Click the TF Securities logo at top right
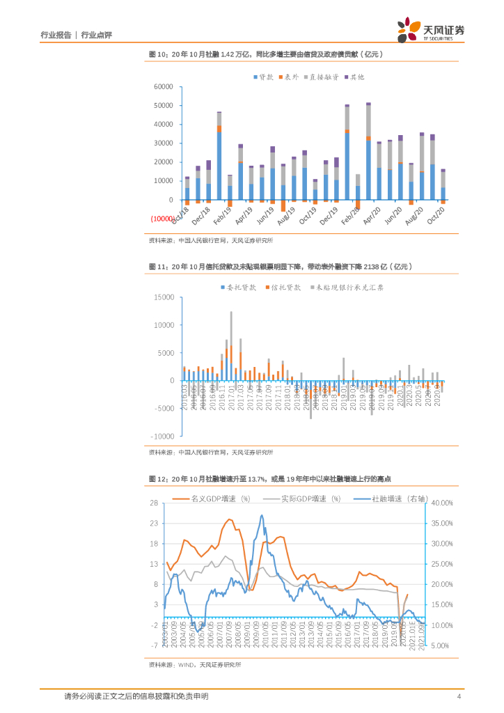(x=431, y=30)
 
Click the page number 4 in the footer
(x=459, y=696)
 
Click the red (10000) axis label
(x=162, y=219)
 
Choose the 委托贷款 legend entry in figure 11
(x=239, y=287)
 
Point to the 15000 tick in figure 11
(x=164, y=297)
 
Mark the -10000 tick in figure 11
(x=162, y=437)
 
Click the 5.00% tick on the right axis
(x=444, y=646)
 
